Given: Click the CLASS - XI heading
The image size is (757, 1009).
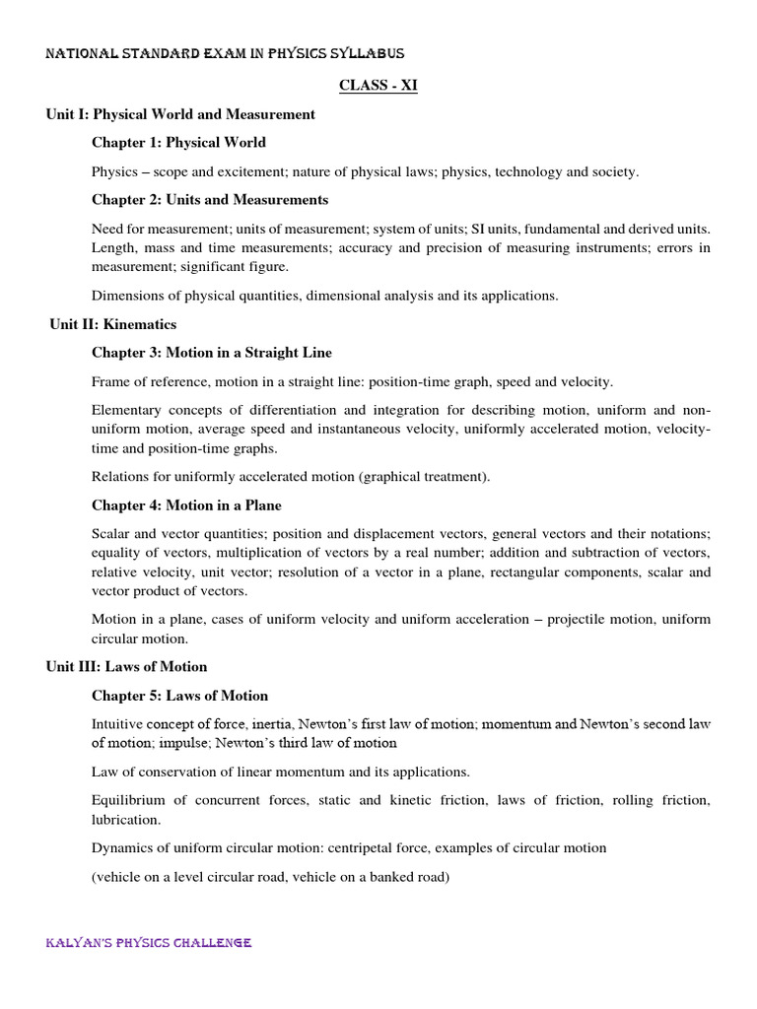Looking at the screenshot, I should [378, 85].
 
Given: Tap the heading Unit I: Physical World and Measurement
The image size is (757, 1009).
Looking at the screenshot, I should [180, 114].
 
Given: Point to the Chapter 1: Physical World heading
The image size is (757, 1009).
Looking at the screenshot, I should [178, 143].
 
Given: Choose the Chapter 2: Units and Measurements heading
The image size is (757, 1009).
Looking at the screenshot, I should [210, 200].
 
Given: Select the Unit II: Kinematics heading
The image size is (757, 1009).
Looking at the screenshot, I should [112, 323].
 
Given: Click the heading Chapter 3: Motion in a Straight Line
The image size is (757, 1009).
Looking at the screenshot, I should [212, 352].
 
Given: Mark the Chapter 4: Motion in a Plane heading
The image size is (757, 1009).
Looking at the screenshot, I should [186, 505].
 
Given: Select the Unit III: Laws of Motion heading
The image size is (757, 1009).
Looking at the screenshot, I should [126, 667].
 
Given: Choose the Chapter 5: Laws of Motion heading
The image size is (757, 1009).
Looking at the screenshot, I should [179, 696].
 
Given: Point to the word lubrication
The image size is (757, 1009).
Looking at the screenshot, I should [125, 819].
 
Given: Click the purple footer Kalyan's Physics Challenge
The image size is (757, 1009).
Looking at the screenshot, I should [149, 943].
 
